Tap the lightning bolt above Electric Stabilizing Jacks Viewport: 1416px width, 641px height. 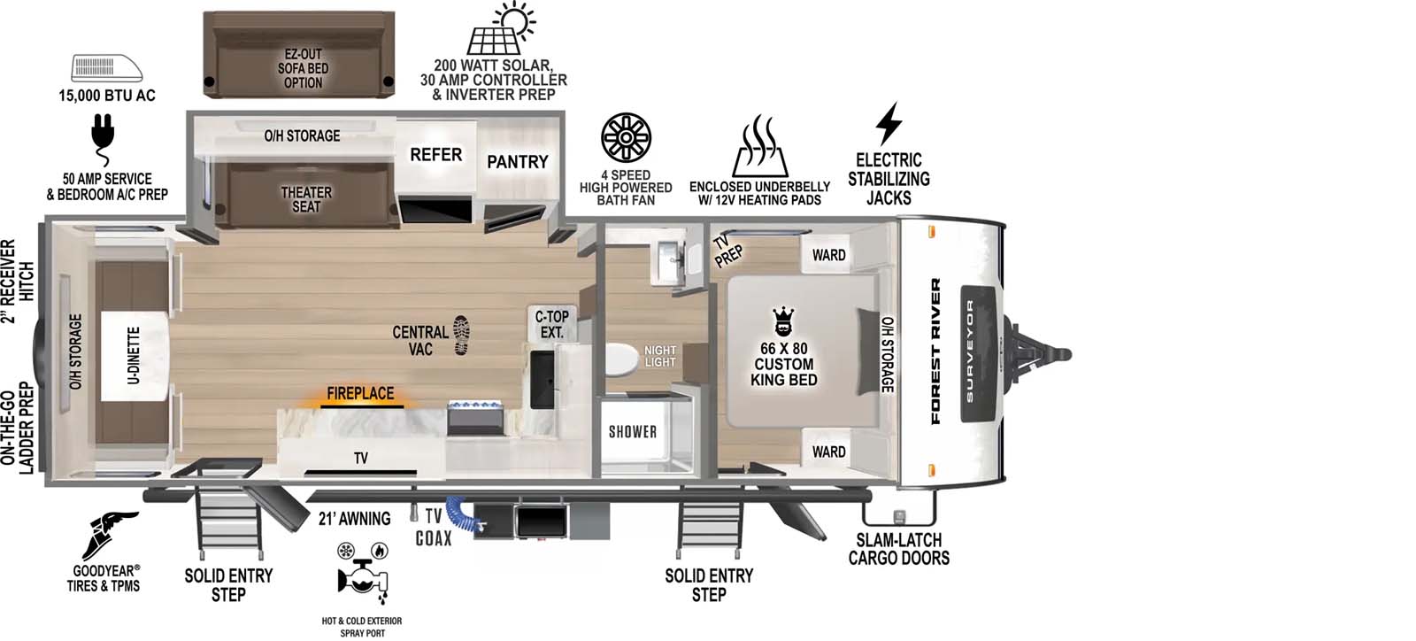click(x=889, y=124)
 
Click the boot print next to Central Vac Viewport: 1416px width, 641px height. click(x=461, y=335)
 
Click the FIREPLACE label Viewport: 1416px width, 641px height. click(x=360, y=393)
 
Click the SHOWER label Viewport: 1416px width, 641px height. click(x=632, y=432)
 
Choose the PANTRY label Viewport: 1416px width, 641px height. click(x=517, y=162)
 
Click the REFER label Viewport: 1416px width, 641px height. click(x=435, y=155)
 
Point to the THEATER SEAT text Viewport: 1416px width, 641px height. click(x=306, y=199)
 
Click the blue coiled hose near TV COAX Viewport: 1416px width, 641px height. click(x=459, y=512)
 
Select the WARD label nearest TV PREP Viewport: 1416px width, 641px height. click(x=828, y=255)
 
